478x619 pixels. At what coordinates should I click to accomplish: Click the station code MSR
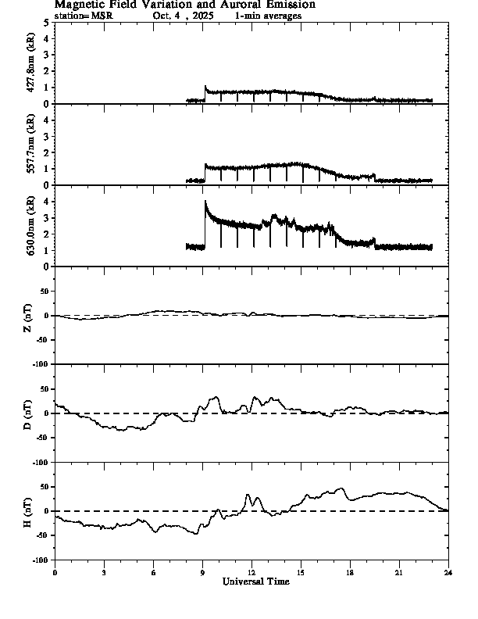coord(103,16)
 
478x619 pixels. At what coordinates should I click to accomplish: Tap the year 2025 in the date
coord(202,16)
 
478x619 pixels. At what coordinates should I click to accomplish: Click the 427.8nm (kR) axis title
coord(32,63)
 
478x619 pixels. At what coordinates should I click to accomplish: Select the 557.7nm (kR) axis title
coord(32,145)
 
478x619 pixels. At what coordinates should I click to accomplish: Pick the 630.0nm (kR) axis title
coord(32,226)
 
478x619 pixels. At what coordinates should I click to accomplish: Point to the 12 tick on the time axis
coord(251,572)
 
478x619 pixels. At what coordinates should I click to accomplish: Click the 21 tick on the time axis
coord(399,572)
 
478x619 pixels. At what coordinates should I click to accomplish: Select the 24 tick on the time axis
coord(448,572)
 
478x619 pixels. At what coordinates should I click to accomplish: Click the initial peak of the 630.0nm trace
coord(205,201)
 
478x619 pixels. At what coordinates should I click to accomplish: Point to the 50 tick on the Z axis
coord(44,292)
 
